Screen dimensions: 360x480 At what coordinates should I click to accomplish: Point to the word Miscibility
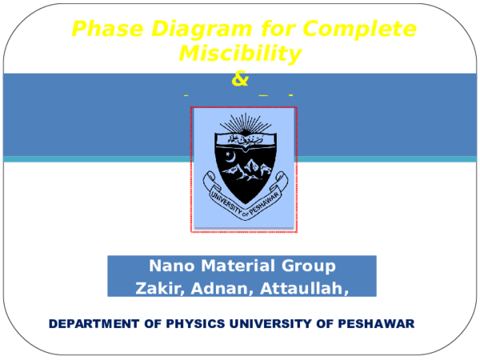tap(240, 54)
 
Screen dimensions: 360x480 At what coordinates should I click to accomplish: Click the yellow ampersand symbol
tap(240, 79)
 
